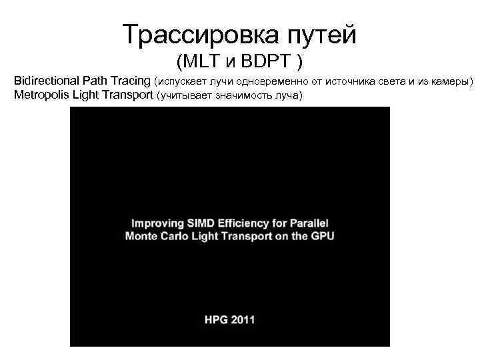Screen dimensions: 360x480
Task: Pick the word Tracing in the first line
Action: pyautogui.click(x=131, y=81)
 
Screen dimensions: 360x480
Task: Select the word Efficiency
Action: pyautogui.click(x=246, y=223)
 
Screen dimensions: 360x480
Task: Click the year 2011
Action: pyautogui.click(x=243, y=319)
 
